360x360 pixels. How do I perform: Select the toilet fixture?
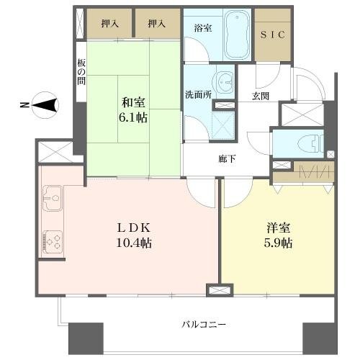(x=310, y=143)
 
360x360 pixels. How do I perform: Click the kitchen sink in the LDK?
(x=52, y=199)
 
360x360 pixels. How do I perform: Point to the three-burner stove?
(x=53, y=242)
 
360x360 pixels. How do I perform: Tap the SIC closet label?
(x=273, y=35)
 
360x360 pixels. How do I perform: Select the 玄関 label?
(x=261, y=96)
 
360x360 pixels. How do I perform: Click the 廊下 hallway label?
(x=227, y=159)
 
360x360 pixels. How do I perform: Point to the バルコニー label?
(x=204, y=325)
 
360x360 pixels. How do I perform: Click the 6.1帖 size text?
(x=133, y=117)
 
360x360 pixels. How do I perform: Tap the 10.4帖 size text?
(x=134, y=243)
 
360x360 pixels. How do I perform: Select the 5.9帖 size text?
(x=278, y=243)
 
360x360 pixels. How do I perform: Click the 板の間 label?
(x=81, y=72)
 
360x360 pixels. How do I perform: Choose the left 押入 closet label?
(x=109, y=24)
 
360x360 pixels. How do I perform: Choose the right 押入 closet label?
(x=156, y=24)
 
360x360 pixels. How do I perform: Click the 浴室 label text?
(x=203, y=28)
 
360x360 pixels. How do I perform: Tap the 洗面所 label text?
(x=198, y=95)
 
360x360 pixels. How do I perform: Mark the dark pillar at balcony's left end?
(x=86, y=338)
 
